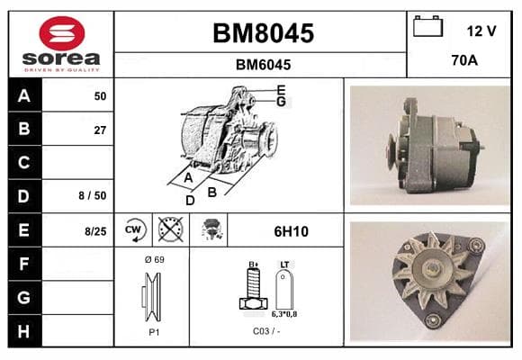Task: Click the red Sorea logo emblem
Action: [x=62, y=33]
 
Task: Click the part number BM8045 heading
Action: [x=263, y=33]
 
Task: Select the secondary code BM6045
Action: [x=263, y=65]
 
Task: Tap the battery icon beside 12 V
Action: [x=427, y=26]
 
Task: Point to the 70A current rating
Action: [x=464, y=60]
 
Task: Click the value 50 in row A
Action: [x=100, y=96]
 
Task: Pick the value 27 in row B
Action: [x=100, y=130]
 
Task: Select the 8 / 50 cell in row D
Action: [x=93, y=195]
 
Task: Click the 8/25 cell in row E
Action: [x=95, y=231]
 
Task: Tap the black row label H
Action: [x=24, y=331]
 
